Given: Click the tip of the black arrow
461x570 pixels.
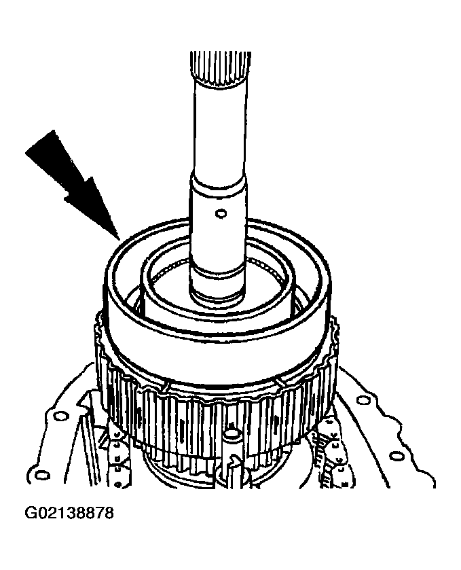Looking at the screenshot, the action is click(119, 241).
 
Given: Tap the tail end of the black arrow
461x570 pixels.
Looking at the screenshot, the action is click(40, 142).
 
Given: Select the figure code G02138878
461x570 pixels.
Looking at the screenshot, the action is click(69, 513).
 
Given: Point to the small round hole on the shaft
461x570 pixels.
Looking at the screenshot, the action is click(220, 213).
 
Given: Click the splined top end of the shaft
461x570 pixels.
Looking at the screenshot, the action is click(220, 69).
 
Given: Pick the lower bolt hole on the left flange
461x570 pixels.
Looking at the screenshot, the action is click(42, 475).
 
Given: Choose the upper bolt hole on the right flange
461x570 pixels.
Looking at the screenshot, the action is click(361, 401).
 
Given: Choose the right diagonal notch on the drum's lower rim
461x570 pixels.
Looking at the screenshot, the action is click(279, 382).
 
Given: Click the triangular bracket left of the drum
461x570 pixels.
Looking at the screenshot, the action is click(84, 402).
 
